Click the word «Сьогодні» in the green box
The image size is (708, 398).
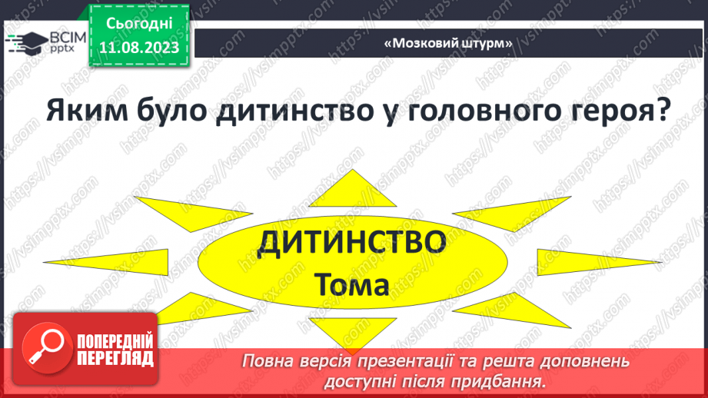139,24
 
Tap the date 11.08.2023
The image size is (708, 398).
139,48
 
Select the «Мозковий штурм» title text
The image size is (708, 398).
447,43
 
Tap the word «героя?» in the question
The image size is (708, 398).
615,116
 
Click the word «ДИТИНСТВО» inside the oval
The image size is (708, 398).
353,244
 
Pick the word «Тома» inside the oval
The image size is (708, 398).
353,285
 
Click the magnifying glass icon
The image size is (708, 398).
44,346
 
